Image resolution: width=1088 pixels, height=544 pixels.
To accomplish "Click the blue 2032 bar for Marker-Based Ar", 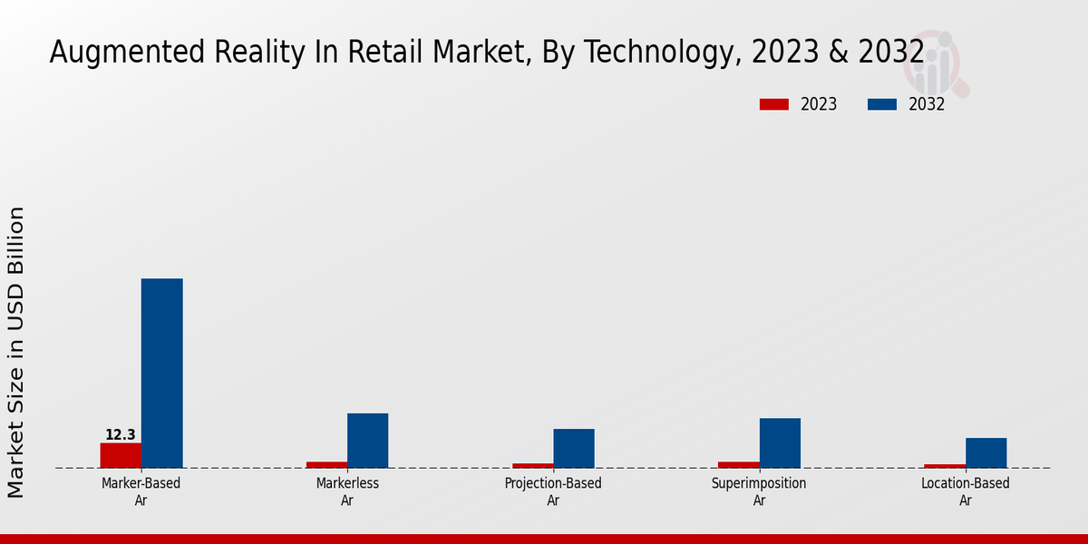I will pos(161,373).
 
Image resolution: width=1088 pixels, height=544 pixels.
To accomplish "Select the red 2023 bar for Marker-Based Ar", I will pos(121,455).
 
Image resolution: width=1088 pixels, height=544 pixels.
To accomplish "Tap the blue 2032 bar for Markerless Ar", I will pos(367,441).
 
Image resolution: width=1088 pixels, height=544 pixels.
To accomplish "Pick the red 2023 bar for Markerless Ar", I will pos(326,465).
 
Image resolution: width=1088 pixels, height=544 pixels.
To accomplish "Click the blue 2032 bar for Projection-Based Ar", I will pos(574,448).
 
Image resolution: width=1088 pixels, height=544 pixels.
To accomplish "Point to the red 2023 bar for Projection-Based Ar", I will pos(533,466).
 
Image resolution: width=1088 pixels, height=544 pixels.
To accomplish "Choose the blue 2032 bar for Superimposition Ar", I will pos(780,442).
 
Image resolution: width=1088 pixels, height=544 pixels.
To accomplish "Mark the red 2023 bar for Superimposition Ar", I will pos(739,465).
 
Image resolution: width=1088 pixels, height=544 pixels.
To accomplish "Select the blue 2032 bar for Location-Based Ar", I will pos(986,452).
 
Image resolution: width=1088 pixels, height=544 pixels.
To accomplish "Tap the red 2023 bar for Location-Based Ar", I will pos(945,466).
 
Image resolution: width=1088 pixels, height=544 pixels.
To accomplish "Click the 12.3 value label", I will pos(121,435).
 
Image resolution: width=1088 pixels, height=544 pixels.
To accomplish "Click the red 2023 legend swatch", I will pos(773,104).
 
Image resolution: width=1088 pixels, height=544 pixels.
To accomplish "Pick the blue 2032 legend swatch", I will pos(881,104).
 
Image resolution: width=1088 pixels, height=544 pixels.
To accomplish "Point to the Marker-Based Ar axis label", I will pos(141,491).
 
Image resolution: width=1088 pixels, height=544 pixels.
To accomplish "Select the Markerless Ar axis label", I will pos(347,491).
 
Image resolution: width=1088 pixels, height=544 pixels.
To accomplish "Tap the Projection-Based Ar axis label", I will pos(553,491).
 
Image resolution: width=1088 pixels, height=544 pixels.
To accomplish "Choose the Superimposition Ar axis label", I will pos(759,491).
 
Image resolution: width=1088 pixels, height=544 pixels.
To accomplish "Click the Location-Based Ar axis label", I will pos(966,491).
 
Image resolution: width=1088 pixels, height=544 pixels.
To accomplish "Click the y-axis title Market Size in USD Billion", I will pos(16,352).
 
